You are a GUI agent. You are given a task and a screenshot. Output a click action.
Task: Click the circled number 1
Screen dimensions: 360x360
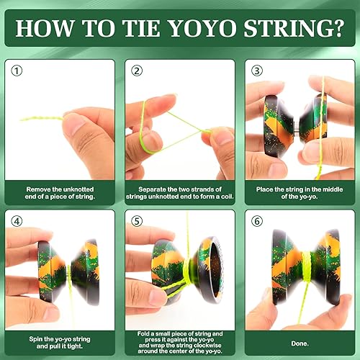17,71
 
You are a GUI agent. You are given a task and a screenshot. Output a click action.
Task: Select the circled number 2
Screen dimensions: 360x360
136,71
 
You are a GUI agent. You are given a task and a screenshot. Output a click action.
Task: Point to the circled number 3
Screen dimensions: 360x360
256,71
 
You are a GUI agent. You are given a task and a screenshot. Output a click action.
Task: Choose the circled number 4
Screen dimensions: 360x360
17,222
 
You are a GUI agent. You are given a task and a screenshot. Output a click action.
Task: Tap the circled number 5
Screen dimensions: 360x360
136,222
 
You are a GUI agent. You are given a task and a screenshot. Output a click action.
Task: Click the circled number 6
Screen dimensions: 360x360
256,222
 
